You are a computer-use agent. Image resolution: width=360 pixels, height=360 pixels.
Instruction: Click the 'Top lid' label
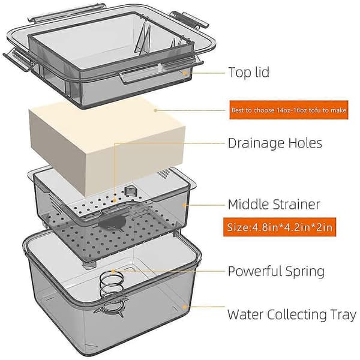248,72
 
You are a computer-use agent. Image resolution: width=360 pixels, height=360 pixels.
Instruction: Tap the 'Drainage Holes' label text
275,143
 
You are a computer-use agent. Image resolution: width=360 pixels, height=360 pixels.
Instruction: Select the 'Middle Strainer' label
274,204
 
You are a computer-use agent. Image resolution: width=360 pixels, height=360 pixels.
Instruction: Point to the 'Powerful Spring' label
276,271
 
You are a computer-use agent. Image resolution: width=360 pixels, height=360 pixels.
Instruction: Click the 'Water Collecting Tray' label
292,314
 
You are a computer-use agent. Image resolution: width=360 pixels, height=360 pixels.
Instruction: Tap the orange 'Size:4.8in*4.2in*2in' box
280,227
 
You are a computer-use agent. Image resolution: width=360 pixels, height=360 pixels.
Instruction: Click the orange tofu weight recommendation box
289,110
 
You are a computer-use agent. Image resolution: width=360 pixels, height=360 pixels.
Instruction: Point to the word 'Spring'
305,272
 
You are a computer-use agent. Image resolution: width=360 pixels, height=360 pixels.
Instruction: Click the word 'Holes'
305,143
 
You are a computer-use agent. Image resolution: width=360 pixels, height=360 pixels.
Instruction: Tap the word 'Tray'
343,315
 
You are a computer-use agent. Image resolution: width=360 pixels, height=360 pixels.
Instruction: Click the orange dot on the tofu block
155,110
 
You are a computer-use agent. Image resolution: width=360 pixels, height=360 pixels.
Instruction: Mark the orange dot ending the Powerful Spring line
113,271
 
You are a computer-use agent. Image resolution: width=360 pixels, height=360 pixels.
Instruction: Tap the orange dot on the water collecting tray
184,307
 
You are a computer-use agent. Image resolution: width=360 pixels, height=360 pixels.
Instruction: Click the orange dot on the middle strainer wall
184,205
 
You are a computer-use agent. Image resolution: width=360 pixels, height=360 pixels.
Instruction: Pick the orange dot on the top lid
184,73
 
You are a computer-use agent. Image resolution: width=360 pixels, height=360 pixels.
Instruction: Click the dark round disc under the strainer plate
113,222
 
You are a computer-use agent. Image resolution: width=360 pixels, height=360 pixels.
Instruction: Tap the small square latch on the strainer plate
130,191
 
